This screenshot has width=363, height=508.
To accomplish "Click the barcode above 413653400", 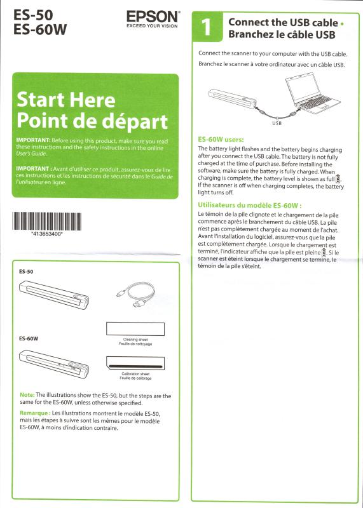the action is pos(46,221).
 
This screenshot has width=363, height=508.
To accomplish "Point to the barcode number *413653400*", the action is pos(46,234).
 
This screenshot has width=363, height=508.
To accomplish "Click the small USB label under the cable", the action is pos(277,123).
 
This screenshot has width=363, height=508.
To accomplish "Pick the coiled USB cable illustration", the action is pos(136,294).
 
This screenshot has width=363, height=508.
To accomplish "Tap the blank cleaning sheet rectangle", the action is pos(135,329).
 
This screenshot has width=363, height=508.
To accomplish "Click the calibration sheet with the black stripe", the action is pos(135,364).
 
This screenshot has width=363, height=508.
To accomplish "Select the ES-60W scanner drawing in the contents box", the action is pos(54,364).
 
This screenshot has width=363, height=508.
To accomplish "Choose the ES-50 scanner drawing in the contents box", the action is pos(54,295).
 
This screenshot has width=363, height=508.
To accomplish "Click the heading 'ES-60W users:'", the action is pos(221,140).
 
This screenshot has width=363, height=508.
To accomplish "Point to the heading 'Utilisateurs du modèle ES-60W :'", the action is pos(250,205).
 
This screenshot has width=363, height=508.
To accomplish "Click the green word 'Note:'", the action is pos(27,395).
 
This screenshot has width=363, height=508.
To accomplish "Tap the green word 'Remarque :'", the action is pos(35,413).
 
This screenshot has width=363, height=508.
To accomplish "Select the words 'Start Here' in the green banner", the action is pos(66,100).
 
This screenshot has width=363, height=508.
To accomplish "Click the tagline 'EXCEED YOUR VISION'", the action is pos(152,26).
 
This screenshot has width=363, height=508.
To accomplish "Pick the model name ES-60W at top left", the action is pos(40,30).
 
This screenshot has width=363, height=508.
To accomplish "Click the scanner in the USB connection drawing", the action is pos(232,98).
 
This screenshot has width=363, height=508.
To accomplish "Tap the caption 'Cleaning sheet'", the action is pos(135,340).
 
